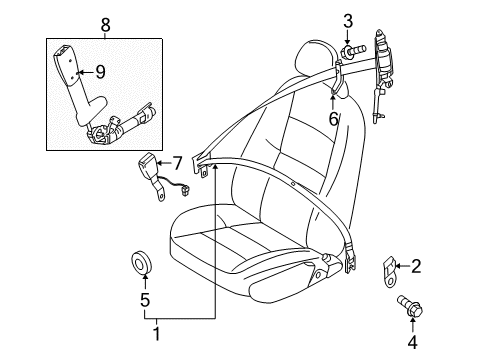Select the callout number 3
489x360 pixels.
348,21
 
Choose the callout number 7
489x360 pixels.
177,163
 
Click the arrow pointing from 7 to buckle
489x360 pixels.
166,163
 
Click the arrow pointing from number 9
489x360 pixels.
87,71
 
